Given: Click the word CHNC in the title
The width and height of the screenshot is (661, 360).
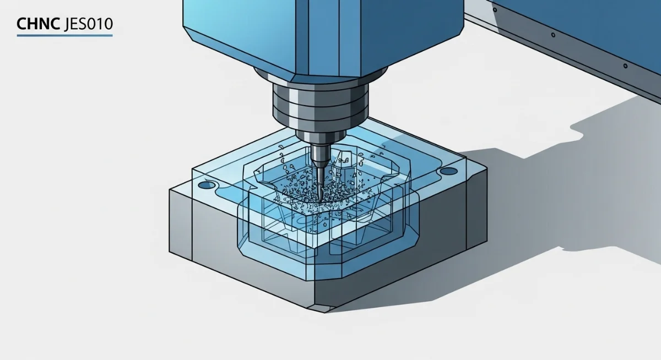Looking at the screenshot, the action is click(39, 24).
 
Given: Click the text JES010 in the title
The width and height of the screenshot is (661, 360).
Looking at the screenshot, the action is click(88, 24).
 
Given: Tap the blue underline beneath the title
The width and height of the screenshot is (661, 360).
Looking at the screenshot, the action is click(64, 35).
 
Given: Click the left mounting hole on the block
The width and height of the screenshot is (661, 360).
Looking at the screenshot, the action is click(207, 185).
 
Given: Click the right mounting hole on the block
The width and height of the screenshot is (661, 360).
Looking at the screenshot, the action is click(448, 171).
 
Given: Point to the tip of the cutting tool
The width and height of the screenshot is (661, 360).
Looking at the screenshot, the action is click(320, 201).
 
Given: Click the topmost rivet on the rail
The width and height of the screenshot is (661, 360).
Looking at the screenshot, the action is click(495, 10).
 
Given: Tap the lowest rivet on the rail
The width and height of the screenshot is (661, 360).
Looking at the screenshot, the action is click(625, 66).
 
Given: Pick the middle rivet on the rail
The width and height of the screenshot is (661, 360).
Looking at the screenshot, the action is click(553, 35).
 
